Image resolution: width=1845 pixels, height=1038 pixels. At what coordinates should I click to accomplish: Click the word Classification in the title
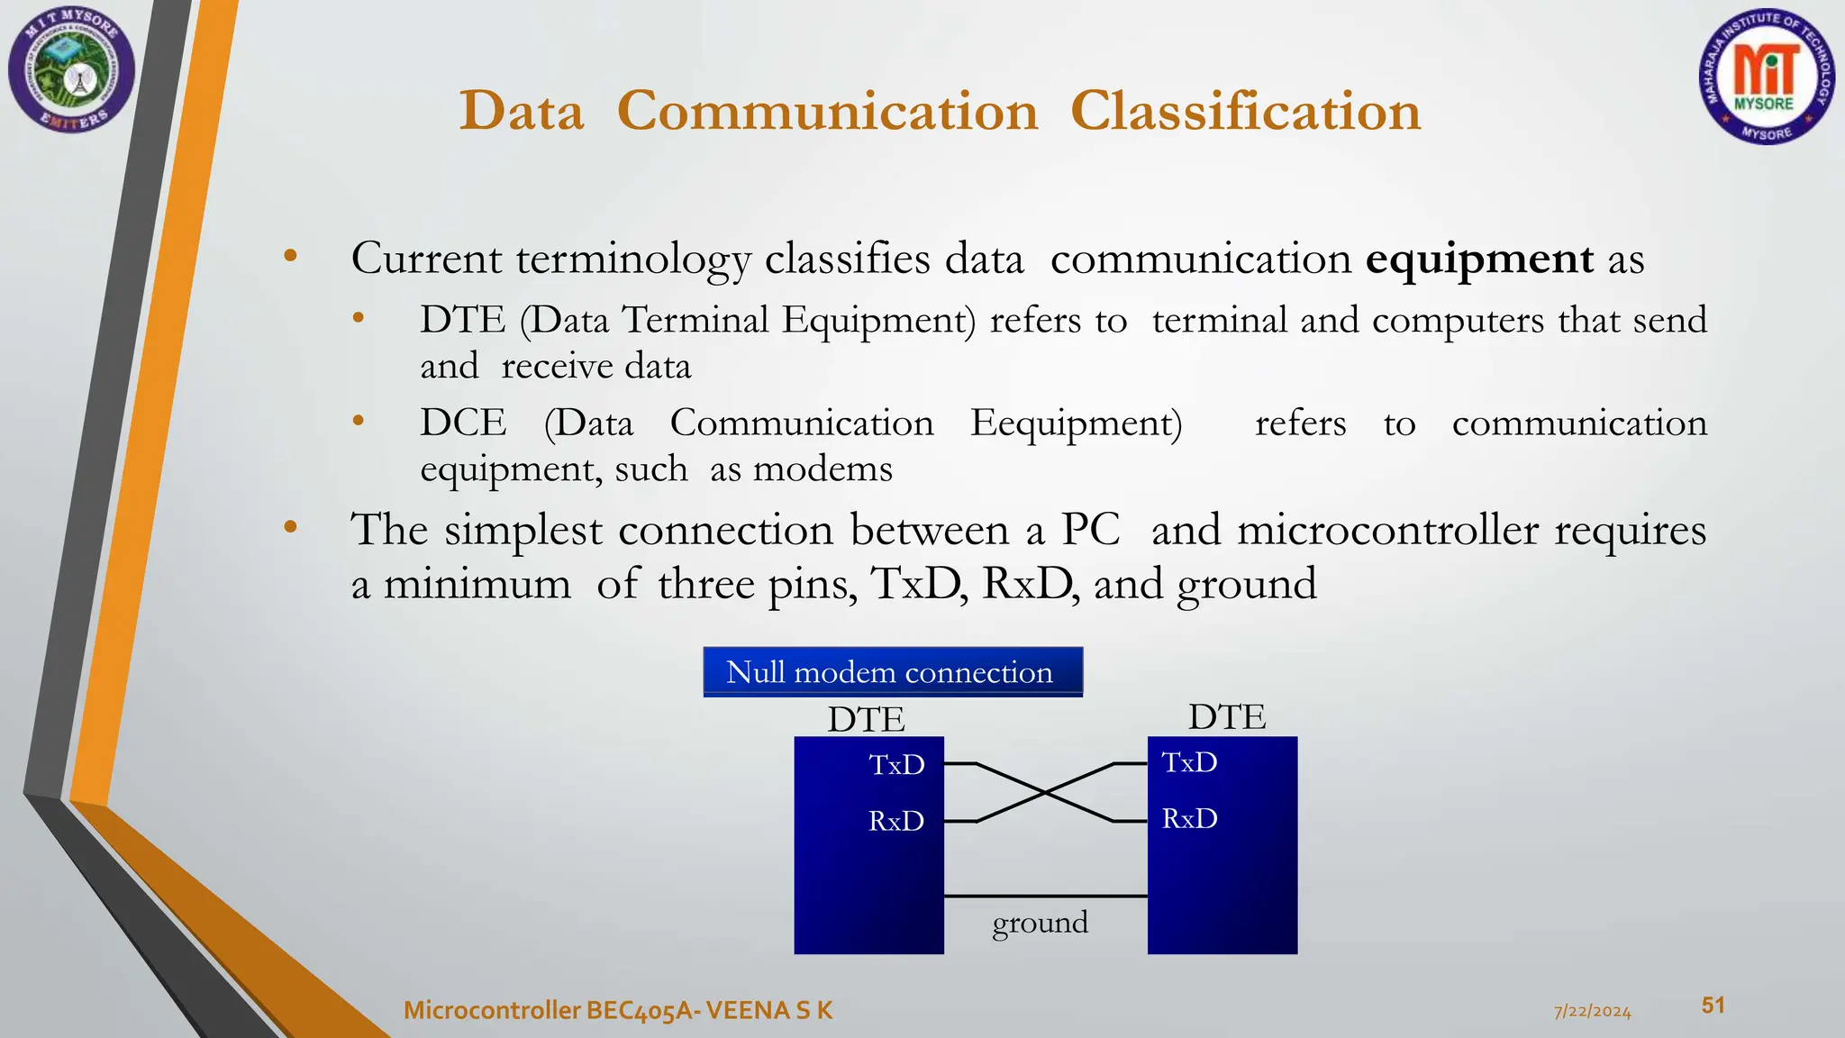click(x=1245, y=112)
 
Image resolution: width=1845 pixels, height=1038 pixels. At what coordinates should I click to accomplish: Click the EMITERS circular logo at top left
click(x=71, y=70)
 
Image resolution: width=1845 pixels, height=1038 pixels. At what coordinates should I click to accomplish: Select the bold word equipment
click(x=1479, y=259)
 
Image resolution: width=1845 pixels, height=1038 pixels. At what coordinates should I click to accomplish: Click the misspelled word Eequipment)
click(x=1076, y=423)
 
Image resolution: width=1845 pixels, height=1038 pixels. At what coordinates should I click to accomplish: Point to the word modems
click(x=823, y=469)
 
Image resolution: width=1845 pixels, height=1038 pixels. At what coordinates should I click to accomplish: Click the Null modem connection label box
click(x=892, y=672)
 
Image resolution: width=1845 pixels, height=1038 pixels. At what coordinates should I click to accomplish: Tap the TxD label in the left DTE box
click(x=896, y=765)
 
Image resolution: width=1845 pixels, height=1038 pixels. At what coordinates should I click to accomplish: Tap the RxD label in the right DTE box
click(x=1189, y=819)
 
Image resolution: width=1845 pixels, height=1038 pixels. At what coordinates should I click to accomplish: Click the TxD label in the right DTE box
click(x=1189, y=763)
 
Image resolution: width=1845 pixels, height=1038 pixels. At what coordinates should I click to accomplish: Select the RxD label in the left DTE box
click(x=896, y=822)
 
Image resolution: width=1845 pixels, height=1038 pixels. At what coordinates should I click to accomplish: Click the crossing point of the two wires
click(x=1045, y=793)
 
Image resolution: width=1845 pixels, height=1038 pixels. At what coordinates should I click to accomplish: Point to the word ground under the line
click(x=1040, y=923)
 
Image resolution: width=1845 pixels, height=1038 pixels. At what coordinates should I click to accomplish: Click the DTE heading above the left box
click(x=866, y=720)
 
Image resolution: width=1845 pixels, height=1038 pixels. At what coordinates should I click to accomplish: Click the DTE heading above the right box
click(x=1226, y=717)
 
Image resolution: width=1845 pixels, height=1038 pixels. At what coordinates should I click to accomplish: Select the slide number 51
click(x=1713, y=1006)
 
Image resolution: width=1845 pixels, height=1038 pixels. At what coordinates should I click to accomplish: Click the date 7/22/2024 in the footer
click(x=1592, y=1012)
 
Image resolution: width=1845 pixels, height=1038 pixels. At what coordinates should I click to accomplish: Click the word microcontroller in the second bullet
click(x=1387, y=531)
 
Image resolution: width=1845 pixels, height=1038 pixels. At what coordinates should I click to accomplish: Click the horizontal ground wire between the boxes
click(x=1045, y=897)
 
